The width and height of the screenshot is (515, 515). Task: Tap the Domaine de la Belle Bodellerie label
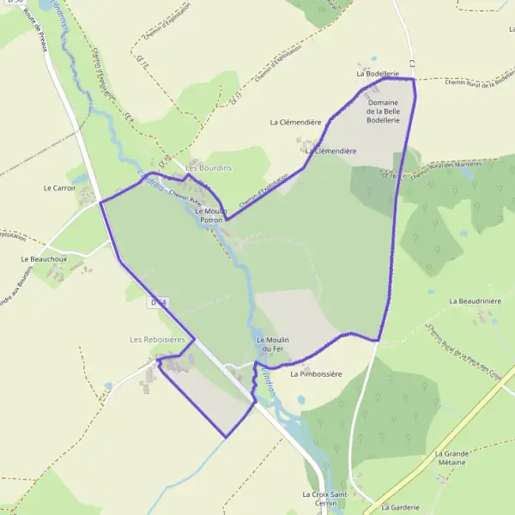[383, 112]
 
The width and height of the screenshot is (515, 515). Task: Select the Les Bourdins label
[209, 167]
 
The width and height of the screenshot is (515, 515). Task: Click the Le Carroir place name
[59, 186]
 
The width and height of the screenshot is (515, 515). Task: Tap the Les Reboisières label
[157, 340]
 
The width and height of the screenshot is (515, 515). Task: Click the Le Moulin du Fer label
[273, 344]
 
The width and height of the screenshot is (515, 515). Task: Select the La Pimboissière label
[316, 374]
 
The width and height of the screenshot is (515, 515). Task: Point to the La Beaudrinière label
[475, 301]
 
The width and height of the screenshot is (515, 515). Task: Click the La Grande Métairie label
[450, 457]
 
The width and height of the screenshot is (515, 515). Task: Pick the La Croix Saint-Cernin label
[324, 499]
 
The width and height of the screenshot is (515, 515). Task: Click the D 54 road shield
[158, 302]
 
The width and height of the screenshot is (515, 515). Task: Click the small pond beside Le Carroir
[78, 179]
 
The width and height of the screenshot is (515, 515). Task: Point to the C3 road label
[413, 64]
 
